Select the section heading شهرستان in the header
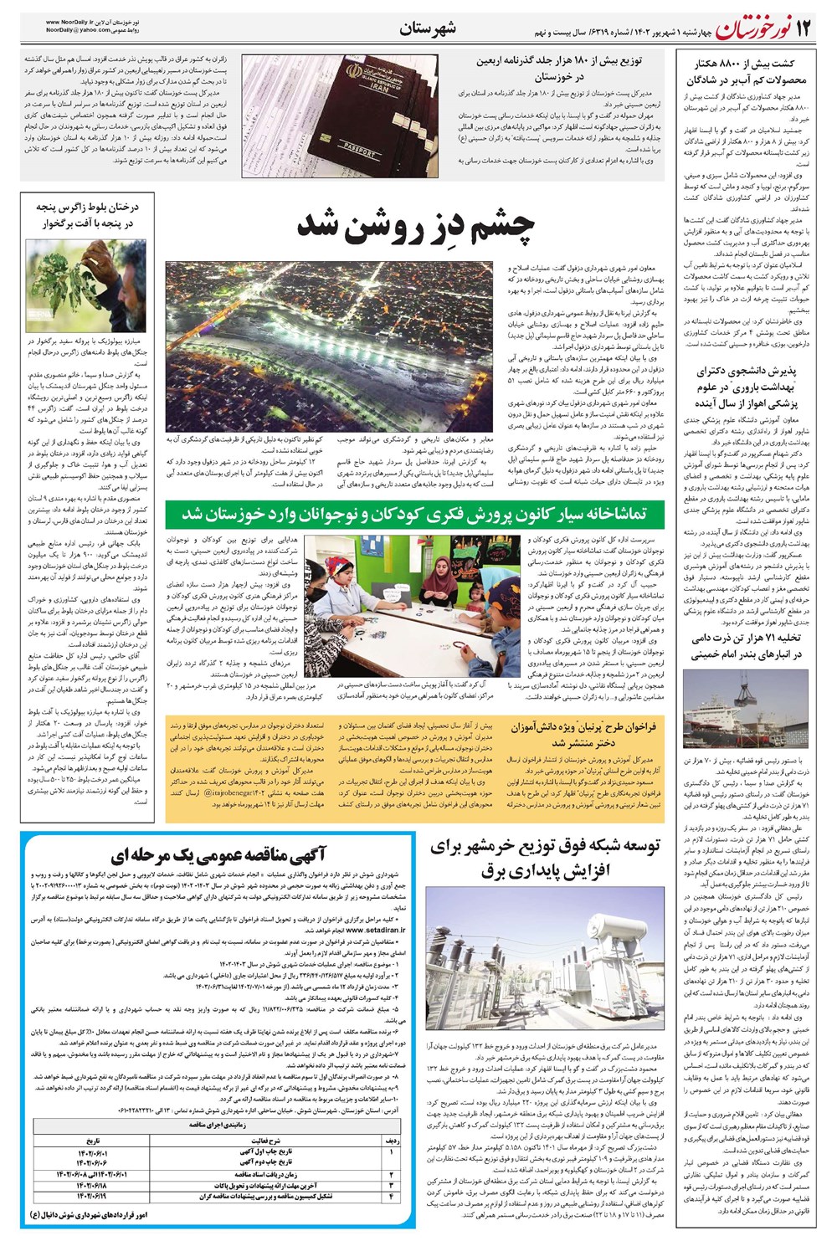(x=428, y=28)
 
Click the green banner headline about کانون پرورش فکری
(x=415, y=513)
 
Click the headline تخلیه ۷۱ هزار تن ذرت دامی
(x=747, y=645)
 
